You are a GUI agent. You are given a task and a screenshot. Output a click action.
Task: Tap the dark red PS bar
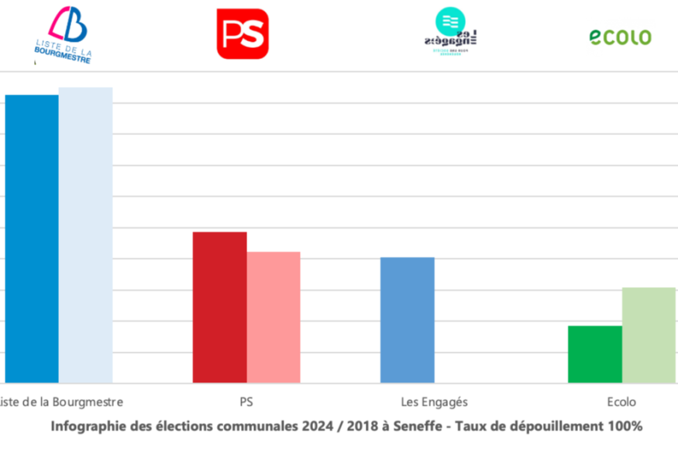219,307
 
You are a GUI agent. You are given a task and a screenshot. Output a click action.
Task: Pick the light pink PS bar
274,317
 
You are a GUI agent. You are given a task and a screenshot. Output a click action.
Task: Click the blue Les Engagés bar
407,320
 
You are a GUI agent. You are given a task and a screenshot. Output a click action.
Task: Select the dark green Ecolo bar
594,354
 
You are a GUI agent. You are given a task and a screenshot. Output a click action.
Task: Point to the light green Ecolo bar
649,335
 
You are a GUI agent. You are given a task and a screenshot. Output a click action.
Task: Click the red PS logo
243,34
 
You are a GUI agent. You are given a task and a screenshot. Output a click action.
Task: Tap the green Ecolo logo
620,36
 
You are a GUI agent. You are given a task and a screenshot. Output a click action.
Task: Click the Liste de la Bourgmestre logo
63,35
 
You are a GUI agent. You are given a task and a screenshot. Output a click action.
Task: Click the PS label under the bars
246,402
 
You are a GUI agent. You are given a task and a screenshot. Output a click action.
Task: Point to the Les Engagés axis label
434,402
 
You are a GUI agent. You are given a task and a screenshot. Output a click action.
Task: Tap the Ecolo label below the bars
621,402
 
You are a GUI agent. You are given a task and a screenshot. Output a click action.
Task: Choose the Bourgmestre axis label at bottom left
62,402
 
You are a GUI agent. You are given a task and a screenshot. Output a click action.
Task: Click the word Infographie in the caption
84,426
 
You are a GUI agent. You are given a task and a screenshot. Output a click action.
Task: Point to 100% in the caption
625,426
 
